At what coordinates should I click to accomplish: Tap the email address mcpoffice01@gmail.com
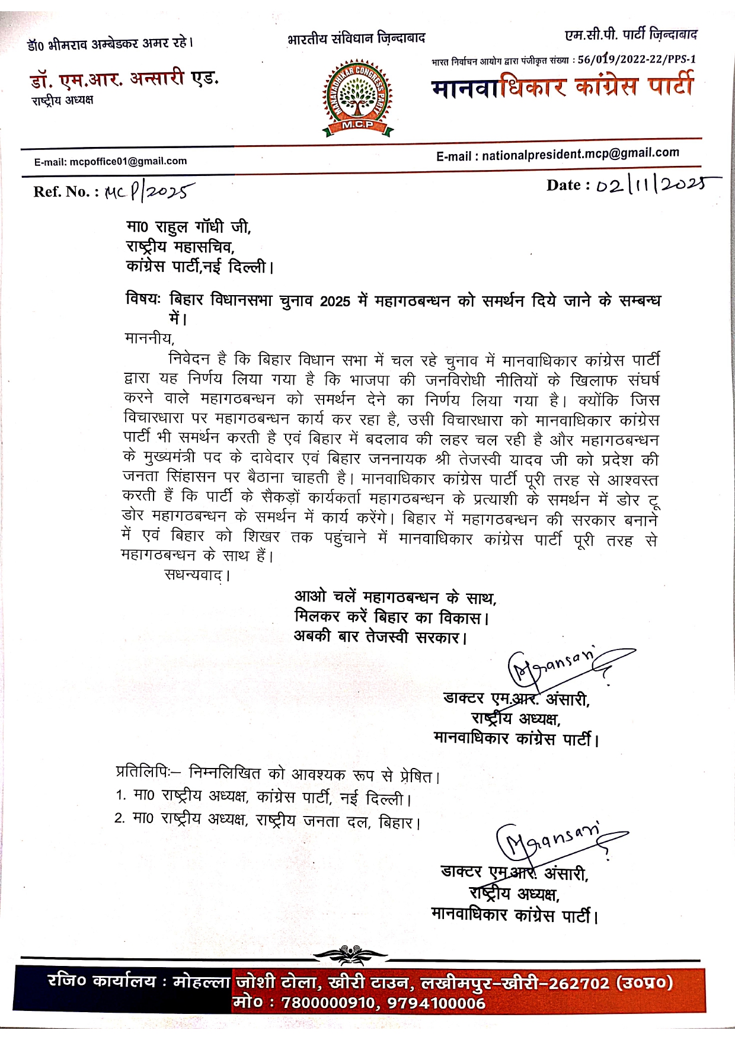[128, 161]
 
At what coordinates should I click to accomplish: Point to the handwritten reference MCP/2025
[149, 191]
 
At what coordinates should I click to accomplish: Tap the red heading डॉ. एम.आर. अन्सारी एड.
[124, 79]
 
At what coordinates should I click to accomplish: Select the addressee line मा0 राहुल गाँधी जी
[188, 227]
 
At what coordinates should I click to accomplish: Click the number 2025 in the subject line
[335, 301]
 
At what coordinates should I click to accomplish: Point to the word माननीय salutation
[149, 339]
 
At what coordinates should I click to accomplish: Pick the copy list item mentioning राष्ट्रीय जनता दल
[268, 821]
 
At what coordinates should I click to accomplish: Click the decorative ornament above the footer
[350, 955]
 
